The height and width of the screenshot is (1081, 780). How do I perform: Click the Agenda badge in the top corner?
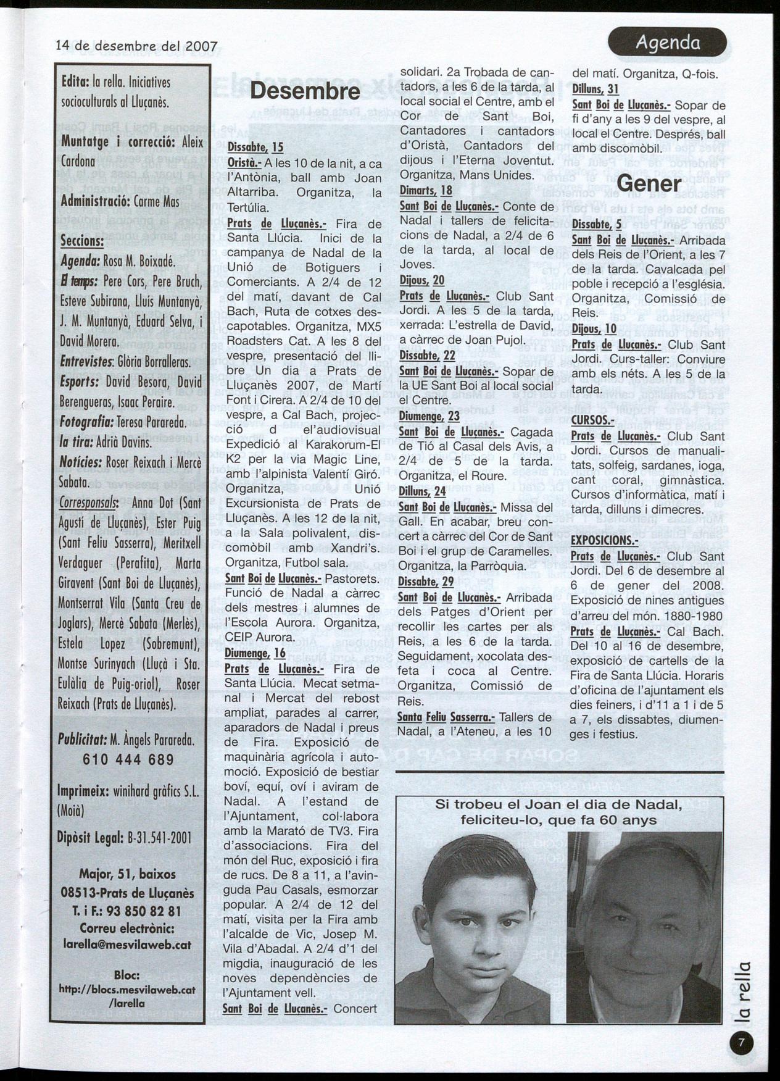[668, 43]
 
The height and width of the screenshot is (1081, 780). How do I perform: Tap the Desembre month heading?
[305, 91]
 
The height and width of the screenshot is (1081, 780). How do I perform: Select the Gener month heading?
[649, 183]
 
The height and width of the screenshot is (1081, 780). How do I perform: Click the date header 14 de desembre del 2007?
[136, 46]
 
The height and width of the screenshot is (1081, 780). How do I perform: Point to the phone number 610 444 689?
[128, 760]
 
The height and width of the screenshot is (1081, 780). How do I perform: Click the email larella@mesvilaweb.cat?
[128, 945]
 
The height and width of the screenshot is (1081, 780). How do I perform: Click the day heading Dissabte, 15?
[255, 147]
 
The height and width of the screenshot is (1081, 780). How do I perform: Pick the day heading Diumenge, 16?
[255, 653]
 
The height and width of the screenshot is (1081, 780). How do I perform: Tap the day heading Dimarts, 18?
[426, 190]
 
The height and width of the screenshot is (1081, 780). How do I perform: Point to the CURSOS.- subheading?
[593, 420]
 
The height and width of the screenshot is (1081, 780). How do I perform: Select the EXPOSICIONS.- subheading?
[604, 541]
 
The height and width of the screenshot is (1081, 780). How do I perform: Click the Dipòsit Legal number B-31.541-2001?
[164, 838]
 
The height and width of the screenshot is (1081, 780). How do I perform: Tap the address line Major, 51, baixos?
[128, 874]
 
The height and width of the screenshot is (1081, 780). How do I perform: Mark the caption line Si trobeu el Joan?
[558, 804]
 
